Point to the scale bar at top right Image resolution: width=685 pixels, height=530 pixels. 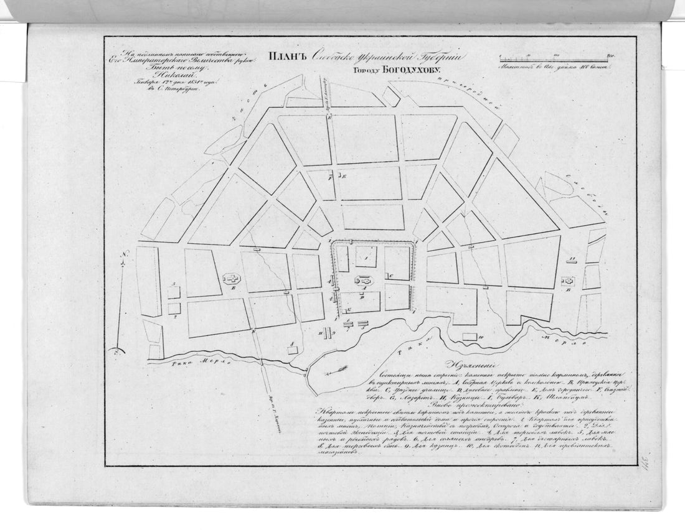point(557,58)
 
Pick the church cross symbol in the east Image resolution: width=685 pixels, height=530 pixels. point(567,281)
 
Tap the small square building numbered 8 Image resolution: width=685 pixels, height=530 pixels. point(293,350)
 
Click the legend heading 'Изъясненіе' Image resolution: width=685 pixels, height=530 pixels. point(474,367)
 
